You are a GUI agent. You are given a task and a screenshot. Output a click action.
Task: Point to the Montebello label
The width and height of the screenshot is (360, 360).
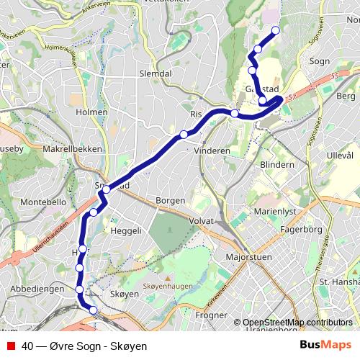pos(45,203)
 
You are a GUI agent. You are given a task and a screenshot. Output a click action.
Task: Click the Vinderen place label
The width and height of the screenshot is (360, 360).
pos(212,151)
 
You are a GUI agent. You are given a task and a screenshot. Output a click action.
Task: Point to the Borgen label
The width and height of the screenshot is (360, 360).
pos(171,200)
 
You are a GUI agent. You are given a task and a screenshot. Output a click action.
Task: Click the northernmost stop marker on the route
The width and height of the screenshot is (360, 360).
pos(274,30)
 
